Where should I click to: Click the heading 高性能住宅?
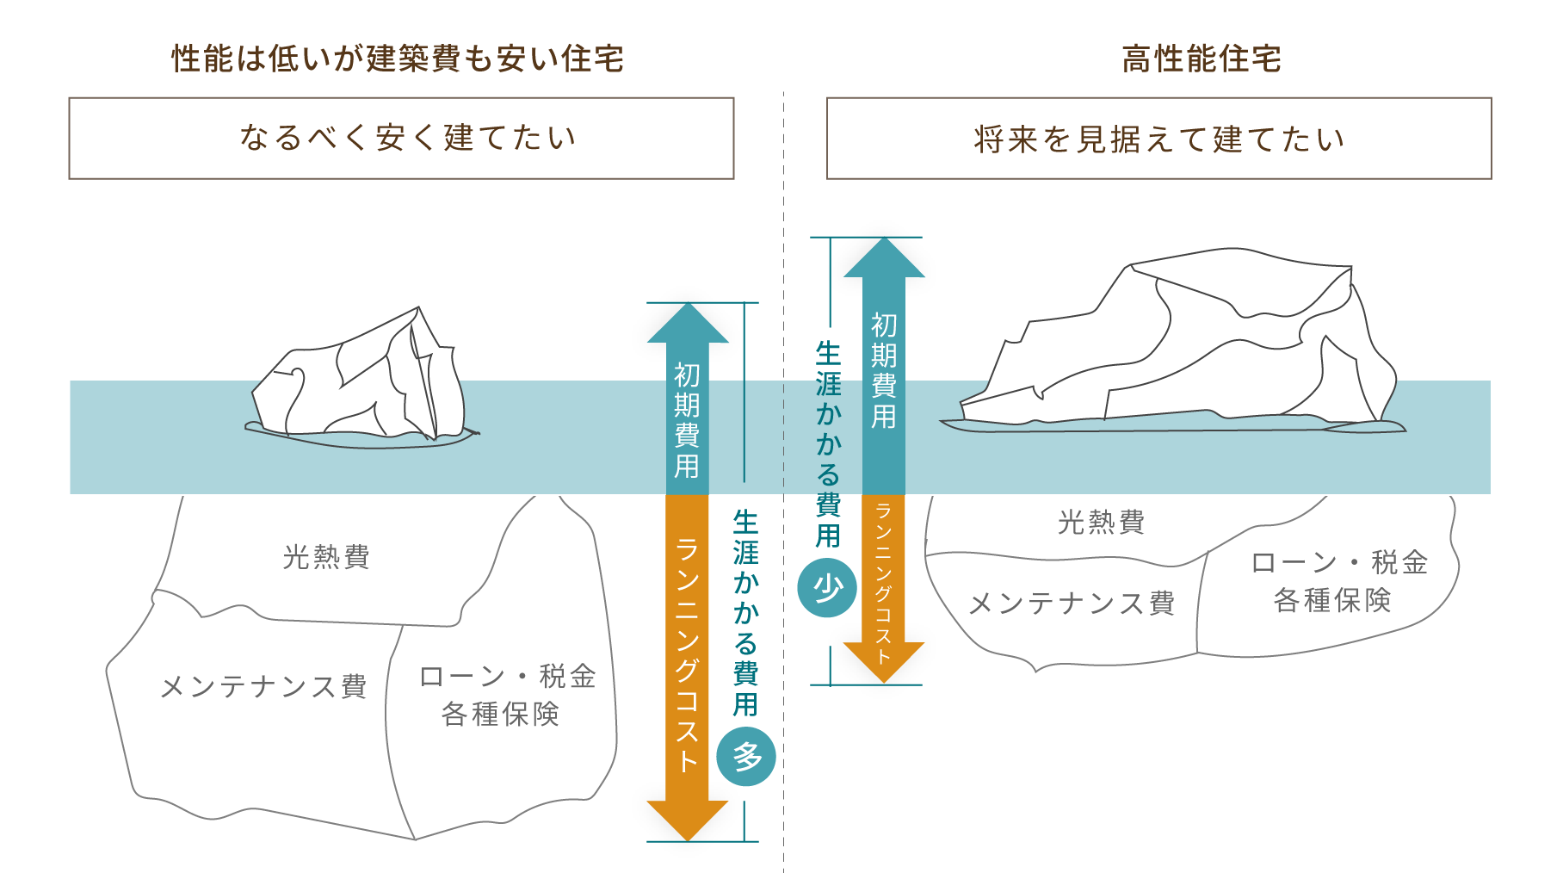pos(1202,59)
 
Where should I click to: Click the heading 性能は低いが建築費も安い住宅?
pos(398,59)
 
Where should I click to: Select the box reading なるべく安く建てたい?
pos(401,139)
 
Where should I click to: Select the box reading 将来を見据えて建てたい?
pos(1158,139)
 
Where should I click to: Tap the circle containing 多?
pos(746,757)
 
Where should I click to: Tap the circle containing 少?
pos(827,588)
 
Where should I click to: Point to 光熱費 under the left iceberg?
pos(326,557)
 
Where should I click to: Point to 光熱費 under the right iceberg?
pos(1101,522)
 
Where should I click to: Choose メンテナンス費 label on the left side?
pos(263,686)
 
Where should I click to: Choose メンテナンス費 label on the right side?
pos(1072,603)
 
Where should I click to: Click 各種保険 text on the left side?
pos(500,714)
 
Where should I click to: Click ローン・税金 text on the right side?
pos(1338,562)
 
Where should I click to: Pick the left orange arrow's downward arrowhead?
pos(688,819)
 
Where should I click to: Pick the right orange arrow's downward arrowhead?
pos(884,661)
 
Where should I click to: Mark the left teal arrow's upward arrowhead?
pos(688,325)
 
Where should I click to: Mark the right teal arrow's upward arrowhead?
pos(884,259)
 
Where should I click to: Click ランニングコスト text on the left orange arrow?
pos(687,654)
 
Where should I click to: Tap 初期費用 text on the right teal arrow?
pos(884,370)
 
